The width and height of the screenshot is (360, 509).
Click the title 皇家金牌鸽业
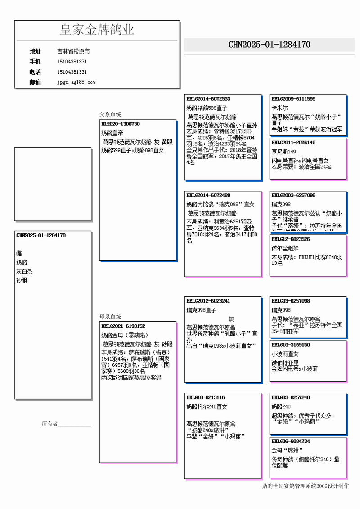click(97, 30)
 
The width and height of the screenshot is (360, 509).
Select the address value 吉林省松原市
click(73, 52)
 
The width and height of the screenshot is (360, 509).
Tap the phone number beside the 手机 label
click(72, 62)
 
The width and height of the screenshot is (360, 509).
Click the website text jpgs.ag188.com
click(76, 82)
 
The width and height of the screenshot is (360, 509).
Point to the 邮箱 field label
click(35, 82)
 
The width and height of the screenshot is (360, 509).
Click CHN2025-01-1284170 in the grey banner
click(269, 45)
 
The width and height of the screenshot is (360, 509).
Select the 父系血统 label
click(110, 115)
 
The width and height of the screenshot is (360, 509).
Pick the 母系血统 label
click(110, 317)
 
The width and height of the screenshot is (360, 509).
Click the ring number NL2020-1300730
click(121, 124)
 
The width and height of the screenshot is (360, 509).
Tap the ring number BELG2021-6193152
click(123, 326)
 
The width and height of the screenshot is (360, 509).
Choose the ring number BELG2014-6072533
click(208, 99)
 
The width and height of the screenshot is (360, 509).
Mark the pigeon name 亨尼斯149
click(284, 152)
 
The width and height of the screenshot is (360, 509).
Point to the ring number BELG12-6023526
click(291, 239)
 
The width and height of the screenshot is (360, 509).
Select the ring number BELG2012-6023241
click(208, 301)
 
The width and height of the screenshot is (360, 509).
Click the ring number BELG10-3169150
click(291, 345)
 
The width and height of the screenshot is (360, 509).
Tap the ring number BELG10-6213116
click(206, 397)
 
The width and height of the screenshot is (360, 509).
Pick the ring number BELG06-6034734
click(291, 441)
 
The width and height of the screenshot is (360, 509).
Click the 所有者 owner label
click(49, 424)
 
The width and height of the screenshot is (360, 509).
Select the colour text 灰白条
click(24, 272)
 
